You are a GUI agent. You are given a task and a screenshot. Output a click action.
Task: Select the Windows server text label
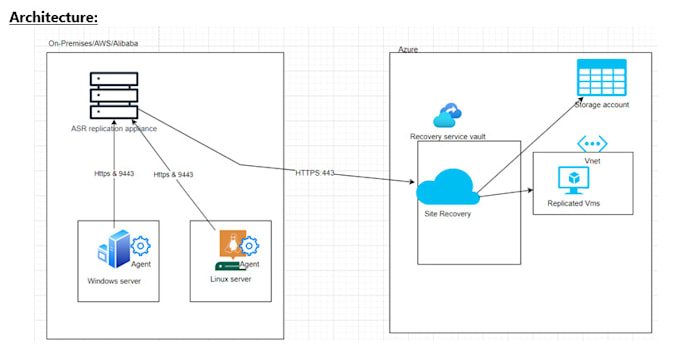[116, 281]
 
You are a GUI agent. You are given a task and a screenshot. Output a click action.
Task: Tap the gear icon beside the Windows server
[141, 245]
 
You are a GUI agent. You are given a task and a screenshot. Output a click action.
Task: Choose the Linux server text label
[230, 277]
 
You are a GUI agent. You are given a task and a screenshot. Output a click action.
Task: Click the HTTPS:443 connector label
[316, 172]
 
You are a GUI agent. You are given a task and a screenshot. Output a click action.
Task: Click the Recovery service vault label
[447, 136]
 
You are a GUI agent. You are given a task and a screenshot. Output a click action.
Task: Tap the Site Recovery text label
[449, 214]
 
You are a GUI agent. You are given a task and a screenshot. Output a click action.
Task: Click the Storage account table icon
[601, 78]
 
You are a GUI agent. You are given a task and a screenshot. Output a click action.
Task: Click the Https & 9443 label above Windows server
[114, 174]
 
